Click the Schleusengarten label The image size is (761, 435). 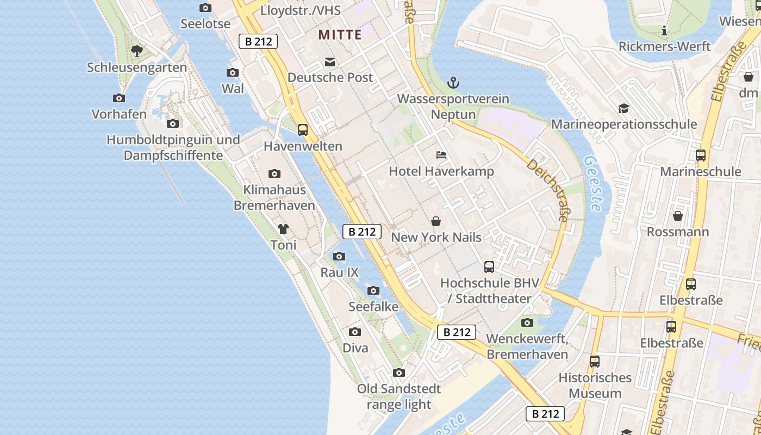[x=137, y=67]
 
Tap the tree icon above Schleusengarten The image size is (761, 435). [x=137, y=51]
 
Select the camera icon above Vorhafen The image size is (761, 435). [x=119, y=98]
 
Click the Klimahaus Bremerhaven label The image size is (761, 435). [x=275, y=197]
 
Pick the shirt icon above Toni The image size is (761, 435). [x=283, y=229]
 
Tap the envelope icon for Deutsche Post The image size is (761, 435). [x=330, y=62]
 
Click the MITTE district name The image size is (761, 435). [x=340, y=35]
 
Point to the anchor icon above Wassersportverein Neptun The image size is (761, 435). [x=453, y=83]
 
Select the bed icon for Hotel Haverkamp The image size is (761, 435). [x=441, y=155]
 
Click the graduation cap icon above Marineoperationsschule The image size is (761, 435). [x=623, y=108]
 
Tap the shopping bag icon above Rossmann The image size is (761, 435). [x=678, y=216]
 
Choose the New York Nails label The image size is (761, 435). [x=436, y=237]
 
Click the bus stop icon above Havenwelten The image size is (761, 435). [x=303, y=130]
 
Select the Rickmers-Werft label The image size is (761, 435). [x=664, y=46]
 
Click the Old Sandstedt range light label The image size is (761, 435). [x=399, y=396]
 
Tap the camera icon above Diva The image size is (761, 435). [x=355, y=332]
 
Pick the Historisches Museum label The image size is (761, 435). [x=595, y=385]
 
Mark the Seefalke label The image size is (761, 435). [x=373, y=306]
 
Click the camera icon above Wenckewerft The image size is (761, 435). [x=527, y=323]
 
